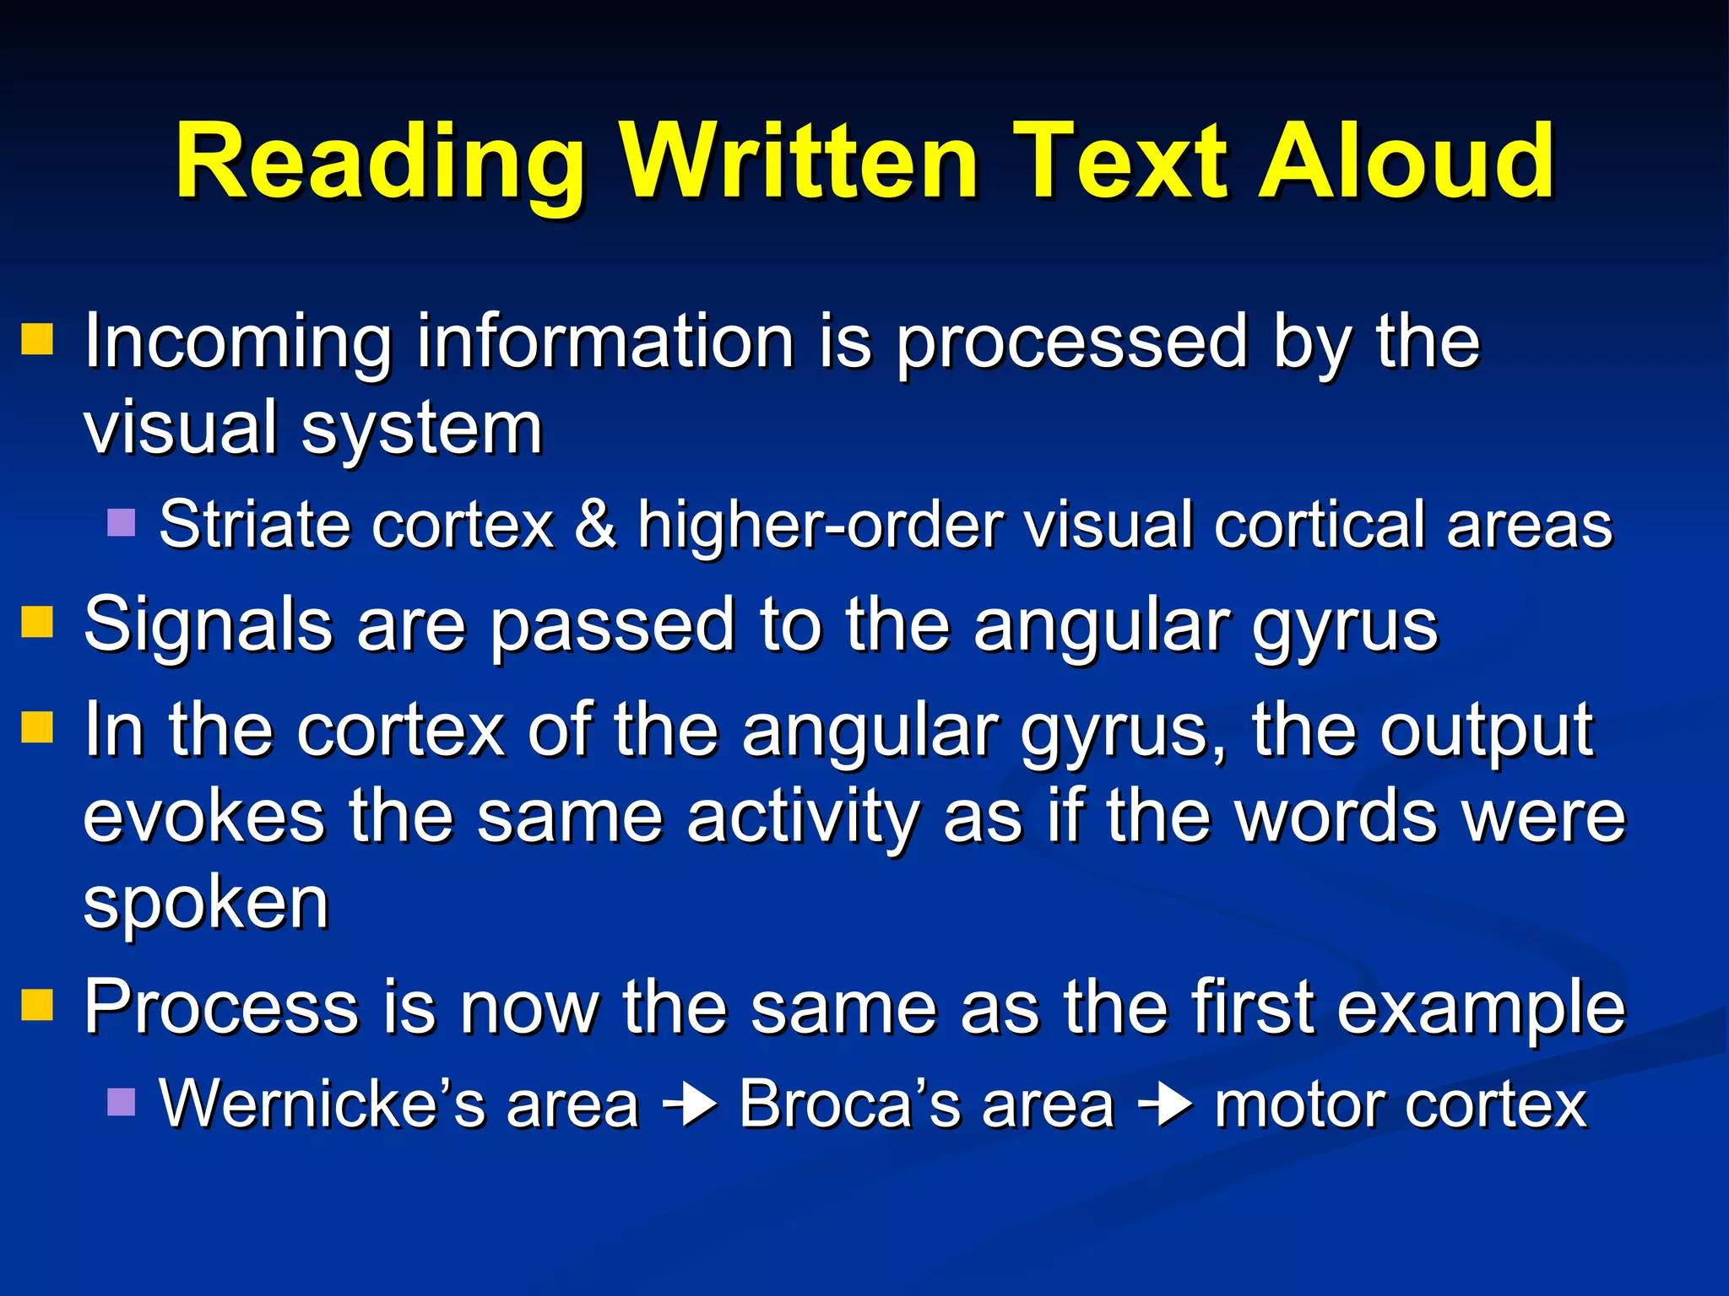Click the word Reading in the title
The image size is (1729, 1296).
pos(380,162)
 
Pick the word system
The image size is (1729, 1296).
pos(421,430)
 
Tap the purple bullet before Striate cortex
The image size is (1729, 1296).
pos(122,522)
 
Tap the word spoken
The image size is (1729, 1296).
pos(206,904)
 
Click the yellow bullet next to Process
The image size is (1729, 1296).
pos(37,1004)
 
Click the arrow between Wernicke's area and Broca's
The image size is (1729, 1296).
pos(690,1104)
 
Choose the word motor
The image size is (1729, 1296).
pos(1299,1104)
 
